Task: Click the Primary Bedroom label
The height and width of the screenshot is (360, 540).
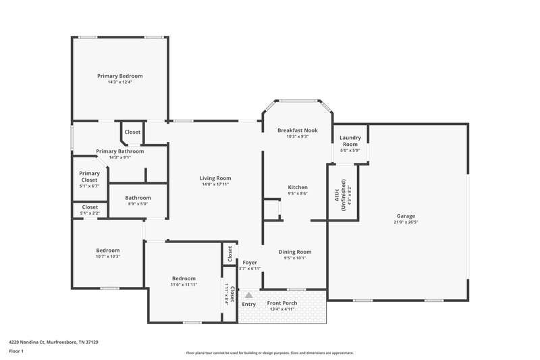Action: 119,76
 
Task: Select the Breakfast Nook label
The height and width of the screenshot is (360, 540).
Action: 297,130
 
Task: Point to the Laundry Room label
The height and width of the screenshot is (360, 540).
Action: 350,140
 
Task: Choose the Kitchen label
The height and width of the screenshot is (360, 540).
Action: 298,187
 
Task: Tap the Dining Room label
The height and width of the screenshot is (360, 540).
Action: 295,251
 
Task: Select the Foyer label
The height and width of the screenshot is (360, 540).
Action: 250,262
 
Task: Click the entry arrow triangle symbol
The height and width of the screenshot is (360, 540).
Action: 248,294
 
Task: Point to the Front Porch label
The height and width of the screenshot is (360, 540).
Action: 282,303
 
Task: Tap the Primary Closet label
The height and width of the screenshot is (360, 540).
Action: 89,177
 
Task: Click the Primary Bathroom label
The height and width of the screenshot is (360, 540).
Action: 119,151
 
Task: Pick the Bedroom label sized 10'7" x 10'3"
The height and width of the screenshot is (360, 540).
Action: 108,250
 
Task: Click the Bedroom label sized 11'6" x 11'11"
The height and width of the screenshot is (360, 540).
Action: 184,278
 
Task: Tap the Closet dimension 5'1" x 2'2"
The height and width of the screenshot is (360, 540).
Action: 89,213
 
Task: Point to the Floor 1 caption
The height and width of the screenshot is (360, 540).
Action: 16,351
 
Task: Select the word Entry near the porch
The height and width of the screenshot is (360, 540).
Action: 248,303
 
